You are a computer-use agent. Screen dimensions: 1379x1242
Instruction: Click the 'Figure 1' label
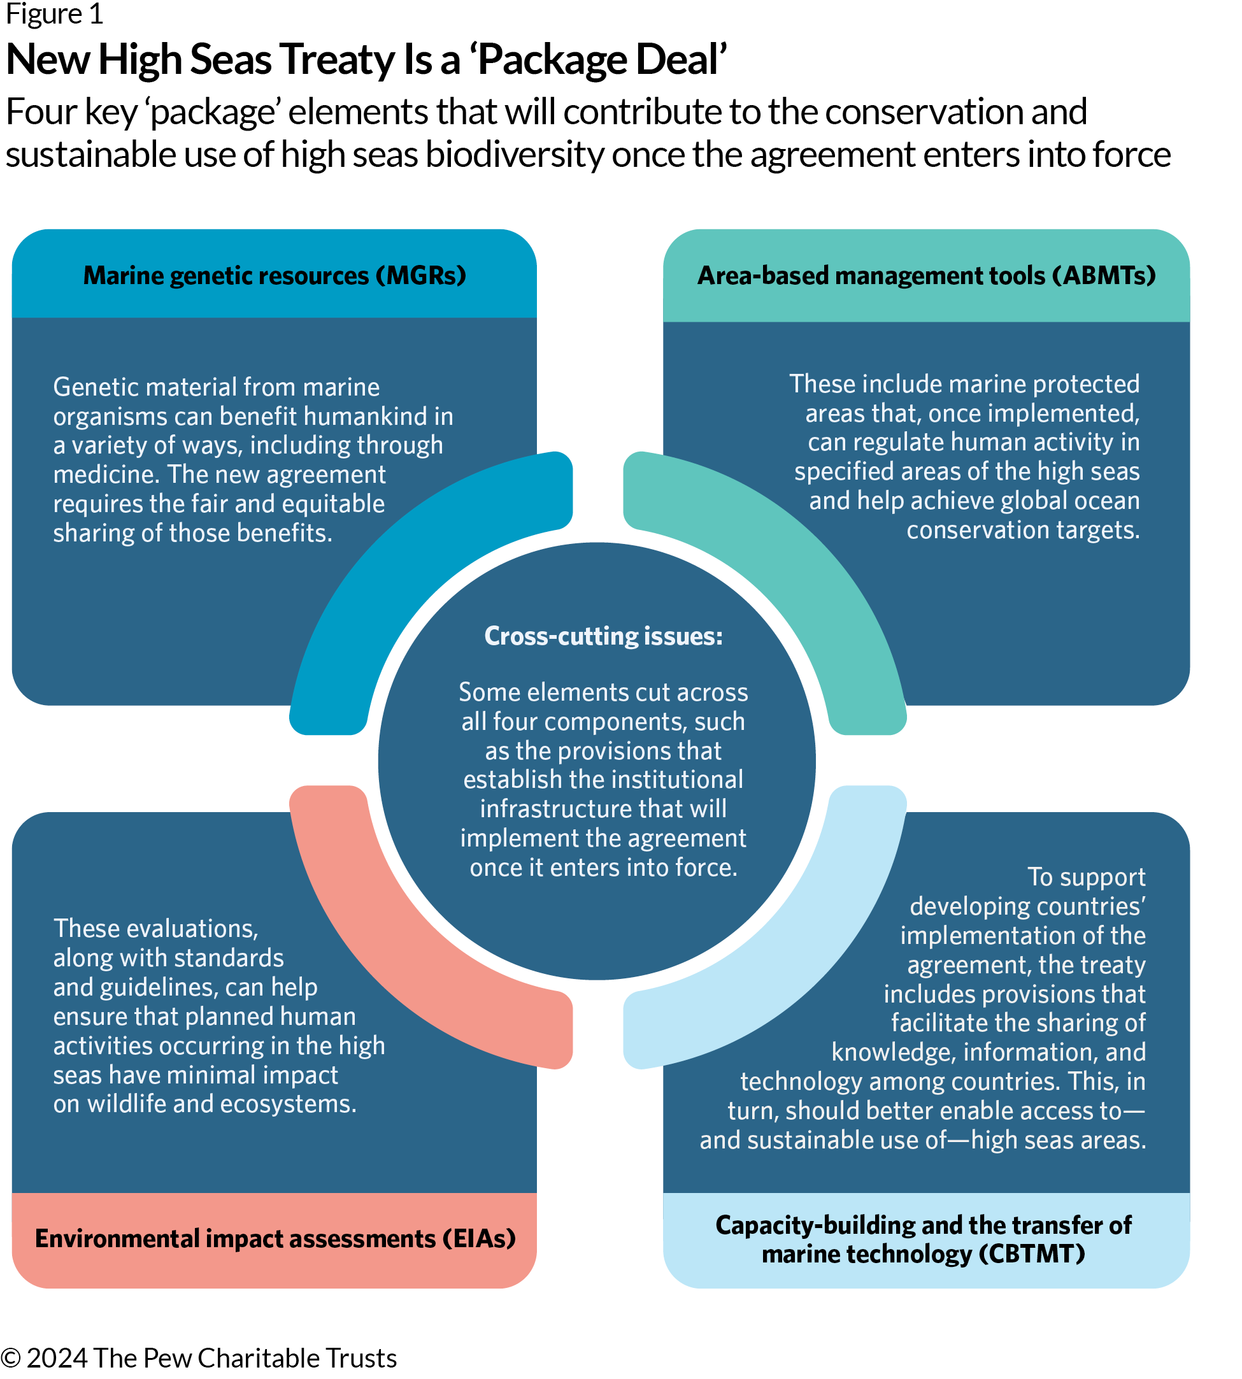point(55,13)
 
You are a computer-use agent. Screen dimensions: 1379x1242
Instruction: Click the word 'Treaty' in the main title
point(337,60)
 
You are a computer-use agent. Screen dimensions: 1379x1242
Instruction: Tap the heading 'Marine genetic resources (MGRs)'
point(275,276)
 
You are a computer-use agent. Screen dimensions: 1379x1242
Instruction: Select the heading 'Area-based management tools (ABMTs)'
point(926,276)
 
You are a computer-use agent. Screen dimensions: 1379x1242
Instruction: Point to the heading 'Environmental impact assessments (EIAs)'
point(275,1238)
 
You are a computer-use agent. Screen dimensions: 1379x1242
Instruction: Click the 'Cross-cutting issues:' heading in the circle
point(603,636)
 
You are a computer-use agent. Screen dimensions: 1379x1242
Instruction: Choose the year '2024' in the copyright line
point(57,1359)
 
